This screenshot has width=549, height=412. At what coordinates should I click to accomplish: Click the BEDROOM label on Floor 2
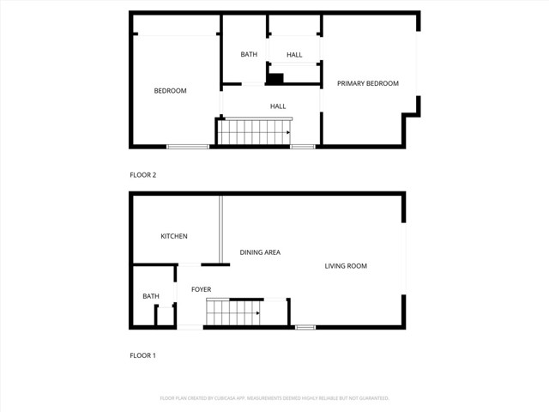pos(170,91)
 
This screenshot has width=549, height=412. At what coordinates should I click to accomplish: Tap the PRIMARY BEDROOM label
pos(367,83)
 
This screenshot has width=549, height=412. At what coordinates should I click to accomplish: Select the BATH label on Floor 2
pos(249,55)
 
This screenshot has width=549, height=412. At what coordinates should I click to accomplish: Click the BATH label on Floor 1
pos(151,297)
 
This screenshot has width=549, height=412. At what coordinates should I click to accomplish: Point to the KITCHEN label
pos(174,237)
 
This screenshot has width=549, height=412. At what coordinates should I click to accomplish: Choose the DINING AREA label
pos(260,252)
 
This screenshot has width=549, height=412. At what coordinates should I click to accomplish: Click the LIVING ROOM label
pos(346,266)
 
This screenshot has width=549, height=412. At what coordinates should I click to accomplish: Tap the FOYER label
pos(201,290)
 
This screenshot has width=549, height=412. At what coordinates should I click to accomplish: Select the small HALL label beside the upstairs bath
pos(294,55)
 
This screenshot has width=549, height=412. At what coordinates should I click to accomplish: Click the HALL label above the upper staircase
pos(278,106)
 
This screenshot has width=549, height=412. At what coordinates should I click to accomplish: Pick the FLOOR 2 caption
pos(142,175)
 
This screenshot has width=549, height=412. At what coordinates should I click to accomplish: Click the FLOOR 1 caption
pos(142,355)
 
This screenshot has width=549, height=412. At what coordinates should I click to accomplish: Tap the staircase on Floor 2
pos(254,132)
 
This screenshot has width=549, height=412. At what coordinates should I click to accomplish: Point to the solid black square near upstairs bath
pos(275,80)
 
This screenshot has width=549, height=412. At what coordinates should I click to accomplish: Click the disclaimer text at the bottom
pos(274,398)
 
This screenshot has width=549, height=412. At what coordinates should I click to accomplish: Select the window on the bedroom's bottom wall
pos(188,147)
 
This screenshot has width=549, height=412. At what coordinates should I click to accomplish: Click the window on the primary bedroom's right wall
pos(419,64)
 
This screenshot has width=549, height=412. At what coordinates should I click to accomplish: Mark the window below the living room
pos(305,327)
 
